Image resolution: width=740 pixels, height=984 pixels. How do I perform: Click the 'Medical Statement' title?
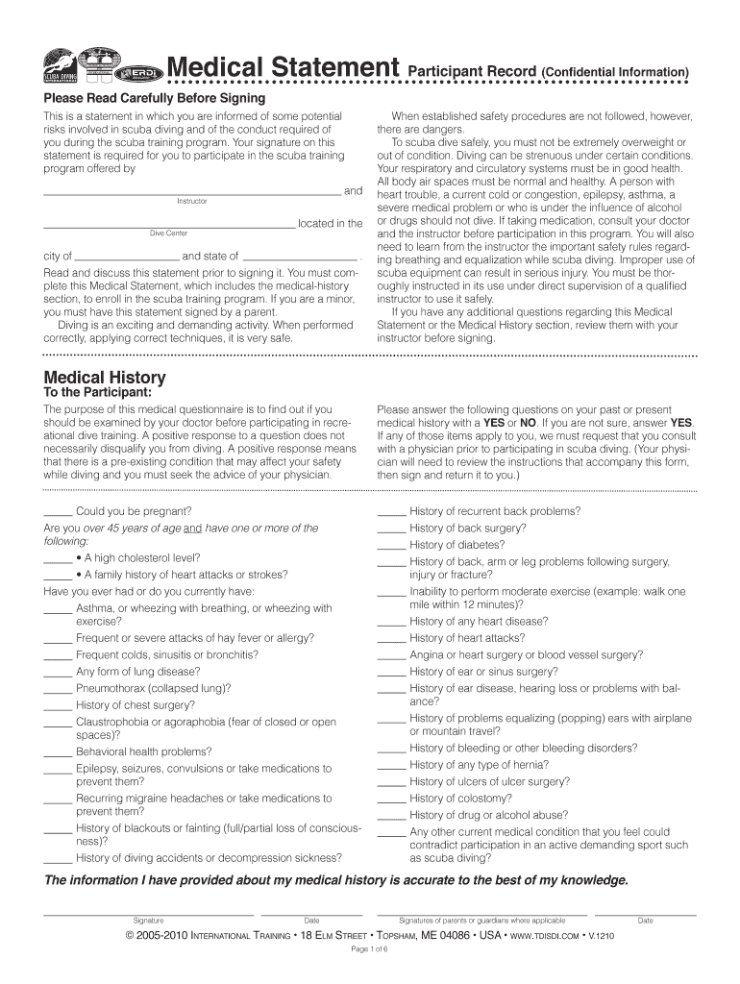(284, 68)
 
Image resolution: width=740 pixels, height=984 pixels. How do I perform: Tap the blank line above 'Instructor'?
(192, 193)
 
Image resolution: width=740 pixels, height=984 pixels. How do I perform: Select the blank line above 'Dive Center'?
(169, 227)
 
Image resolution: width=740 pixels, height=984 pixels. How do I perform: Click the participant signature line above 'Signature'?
(148, 913)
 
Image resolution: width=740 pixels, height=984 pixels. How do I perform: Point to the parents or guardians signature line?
(481, 913)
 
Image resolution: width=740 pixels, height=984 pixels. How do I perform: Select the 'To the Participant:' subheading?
(97, 392)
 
